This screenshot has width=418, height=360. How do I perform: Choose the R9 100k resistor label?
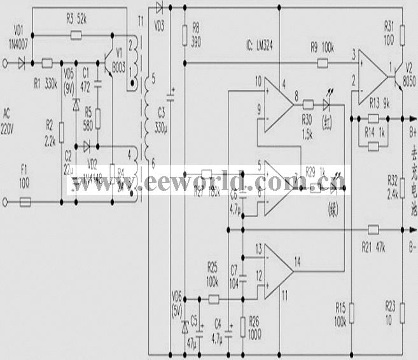pos(323,46)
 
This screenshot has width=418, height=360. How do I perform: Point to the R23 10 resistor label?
pos(390,312)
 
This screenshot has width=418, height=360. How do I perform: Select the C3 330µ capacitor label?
pos(160,121)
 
